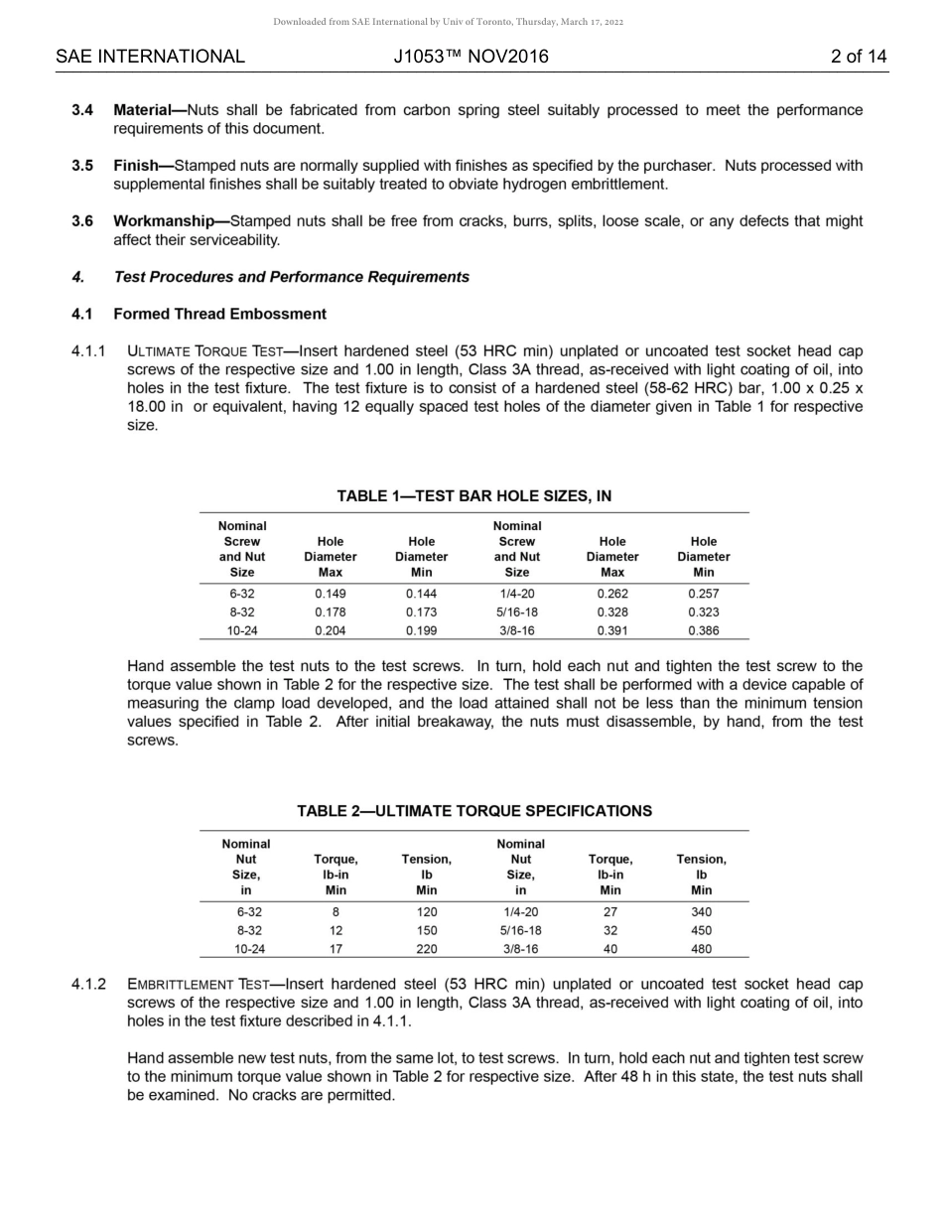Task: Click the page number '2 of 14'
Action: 858,57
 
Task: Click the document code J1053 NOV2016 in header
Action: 471,57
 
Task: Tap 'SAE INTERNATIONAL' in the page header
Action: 150,57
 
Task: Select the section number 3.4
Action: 82,110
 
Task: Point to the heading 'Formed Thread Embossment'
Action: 219,314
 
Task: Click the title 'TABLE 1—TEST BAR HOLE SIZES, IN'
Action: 473,495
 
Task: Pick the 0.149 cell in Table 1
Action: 330,594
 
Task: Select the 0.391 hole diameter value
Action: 612,630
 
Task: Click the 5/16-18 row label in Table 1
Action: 517,612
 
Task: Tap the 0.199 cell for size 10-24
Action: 421,630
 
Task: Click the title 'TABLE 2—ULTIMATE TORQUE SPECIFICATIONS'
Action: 473,811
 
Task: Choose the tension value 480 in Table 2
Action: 701,949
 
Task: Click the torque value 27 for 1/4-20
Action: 610,912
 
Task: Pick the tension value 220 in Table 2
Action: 426,949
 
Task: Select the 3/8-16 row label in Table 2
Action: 520,949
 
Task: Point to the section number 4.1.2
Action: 88,985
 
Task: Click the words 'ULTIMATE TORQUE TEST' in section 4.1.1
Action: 204,351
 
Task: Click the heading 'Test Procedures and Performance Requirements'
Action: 291,277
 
